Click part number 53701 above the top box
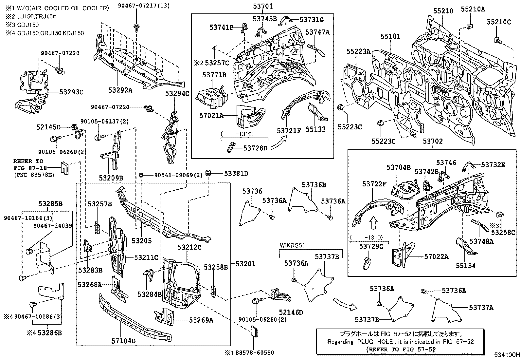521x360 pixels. (x=262, y=6)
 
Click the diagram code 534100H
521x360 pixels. (x=507, y=355)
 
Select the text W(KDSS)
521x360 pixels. (x=292, y=245)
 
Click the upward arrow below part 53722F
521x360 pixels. (x=373, y=223)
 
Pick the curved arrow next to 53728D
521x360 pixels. (x=279, y=143)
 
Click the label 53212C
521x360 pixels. (x=189, y=247)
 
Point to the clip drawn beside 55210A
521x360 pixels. (x=470, y=26)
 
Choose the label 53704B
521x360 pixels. (x=398, y=168)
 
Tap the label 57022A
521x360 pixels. (x=436, y=256)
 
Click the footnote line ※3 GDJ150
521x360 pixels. (x=22, y=25)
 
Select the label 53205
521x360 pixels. (x=142, y=241)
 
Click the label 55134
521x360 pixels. (x=465, y=266)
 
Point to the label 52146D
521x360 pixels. (x=291, y=312)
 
